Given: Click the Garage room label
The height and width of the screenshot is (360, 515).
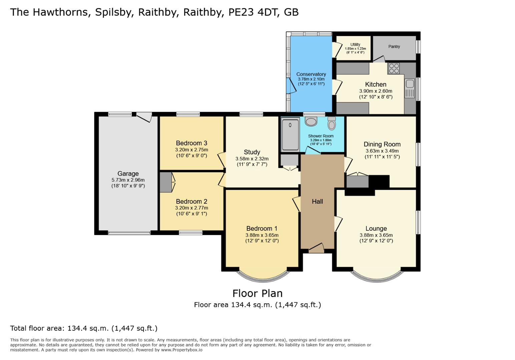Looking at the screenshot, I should click(128, 174).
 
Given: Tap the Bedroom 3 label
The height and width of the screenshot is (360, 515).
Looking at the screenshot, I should click(191, 143).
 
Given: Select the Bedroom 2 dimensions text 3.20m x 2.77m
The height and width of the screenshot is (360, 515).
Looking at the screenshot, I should click(191, 208).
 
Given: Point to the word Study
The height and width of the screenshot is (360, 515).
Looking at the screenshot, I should click(252, 152).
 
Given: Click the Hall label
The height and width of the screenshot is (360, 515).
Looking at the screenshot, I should click(317, 201).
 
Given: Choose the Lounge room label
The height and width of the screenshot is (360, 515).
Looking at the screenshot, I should click(376, 228).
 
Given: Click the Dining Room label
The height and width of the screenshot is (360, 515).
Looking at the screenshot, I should click(382, 144).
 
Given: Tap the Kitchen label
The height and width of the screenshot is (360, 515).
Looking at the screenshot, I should click(376, 84).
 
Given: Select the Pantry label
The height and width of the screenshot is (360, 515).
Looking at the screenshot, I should click(394, 47).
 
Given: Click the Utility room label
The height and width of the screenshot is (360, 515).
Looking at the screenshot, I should click(355, 45).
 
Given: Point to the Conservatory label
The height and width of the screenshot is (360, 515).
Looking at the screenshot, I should click(311, 74).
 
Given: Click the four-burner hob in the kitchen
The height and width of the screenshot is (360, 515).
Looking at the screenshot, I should click(394, 68).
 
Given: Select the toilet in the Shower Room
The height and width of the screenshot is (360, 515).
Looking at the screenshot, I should click(332, 123).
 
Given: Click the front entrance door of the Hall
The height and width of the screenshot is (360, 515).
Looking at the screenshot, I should click(316, 248).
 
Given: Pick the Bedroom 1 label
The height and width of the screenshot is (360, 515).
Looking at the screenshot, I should click(262, 228).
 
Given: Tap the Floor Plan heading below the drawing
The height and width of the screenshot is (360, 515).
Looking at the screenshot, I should click(257, 293).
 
